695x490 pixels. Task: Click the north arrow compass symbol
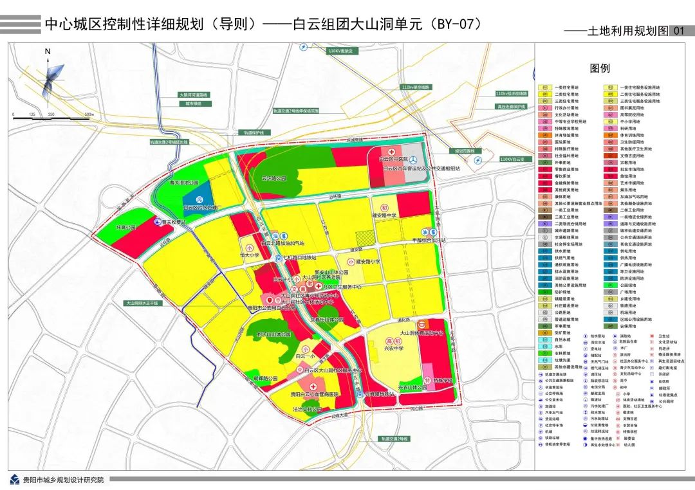(49, 77)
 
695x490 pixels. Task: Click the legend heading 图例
(600, 68)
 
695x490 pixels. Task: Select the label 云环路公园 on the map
(273, 178)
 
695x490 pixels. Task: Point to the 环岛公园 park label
(127, 228)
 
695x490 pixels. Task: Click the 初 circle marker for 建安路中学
(384, 208)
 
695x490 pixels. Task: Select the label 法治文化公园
(307, 409)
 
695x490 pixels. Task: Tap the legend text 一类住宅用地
(566, 87)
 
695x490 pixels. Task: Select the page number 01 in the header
(678, 30)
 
